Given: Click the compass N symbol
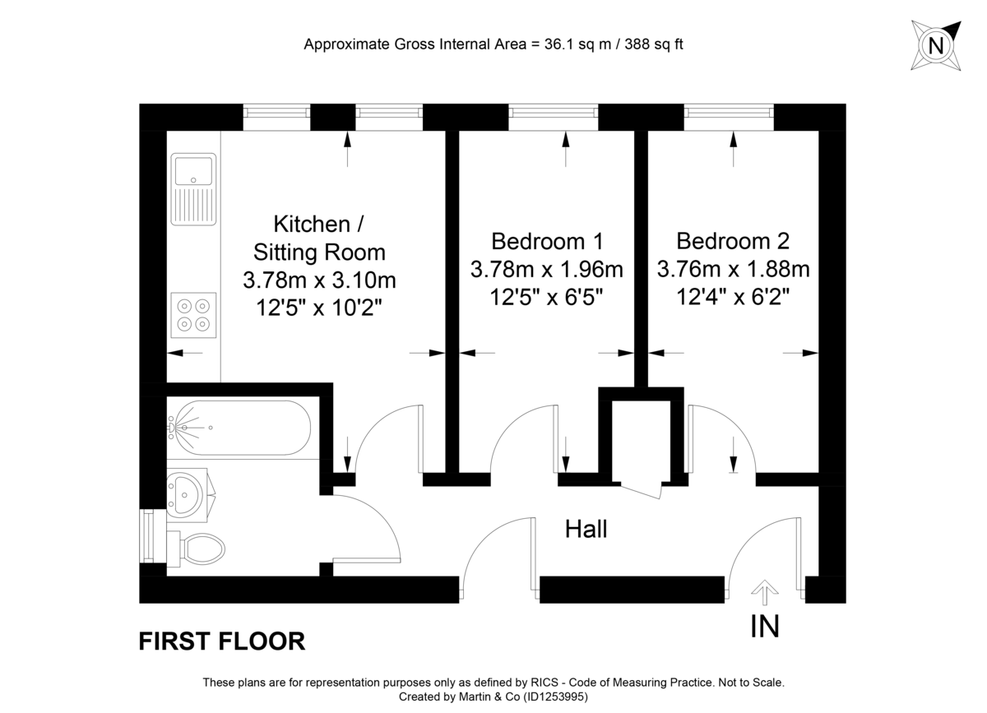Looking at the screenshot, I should [935, 45].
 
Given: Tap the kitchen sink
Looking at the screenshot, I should [193, 188].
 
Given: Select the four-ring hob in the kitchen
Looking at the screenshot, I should [194, 314].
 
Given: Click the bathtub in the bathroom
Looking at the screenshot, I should [239, 428].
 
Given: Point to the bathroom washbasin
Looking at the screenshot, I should [189, 495].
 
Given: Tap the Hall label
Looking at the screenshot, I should [586, 529].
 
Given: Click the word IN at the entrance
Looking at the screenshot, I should [765, 627].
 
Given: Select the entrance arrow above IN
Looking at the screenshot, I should [765, 591].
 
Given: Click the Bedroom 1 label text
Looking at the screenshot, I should [547, 241].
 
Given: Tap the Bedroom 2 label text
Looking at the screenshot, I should [733, 241].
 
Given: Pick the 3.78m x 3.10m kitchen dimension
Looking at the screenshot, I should [319, 280].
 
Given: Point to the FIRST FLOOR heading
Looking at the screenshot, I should [222, 641].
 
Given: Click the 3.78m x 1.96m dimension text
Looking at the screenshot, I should [547, 269].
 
